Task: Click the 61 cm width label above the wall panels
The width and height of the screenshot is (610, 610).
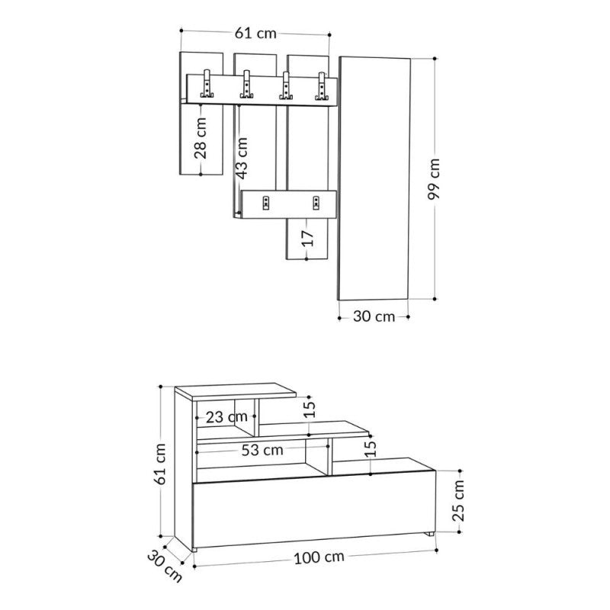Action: pos(255,33)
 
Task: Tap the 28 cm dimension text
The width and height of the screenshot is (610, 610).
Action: pos(201,140)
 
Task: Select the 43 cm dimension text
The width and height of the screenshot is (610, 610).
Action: pos(242,157)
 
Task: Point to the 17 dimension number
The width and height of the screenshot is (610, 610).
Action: pos(307,237)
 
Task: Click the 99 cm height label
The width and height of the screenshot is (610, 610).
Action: pos(434,179)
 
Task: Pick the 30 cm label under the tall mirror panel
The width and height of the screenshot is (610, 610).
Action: pos(374,316)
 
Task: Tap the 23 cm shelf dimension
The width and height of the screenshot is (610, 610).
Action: pos(226,416)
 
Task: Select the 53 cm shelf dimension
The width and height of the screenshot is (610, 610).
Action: pos(262,450)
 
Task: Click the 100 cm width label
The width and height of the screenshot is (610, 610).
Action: pos(318,557)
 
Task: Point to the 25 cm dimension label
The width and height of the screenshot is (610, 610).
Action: pos(458,501)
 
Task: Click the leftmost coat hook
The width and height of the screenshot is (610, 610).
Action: pos(207,85)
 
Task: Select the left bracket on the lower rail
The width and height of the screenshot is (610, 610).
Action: pos(266,202)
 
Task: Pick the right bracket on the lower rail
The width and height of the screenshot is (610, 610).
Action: pos(315,202)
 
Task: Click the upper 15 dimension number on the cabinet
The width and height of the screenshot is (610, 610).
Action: pos(308,409)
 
